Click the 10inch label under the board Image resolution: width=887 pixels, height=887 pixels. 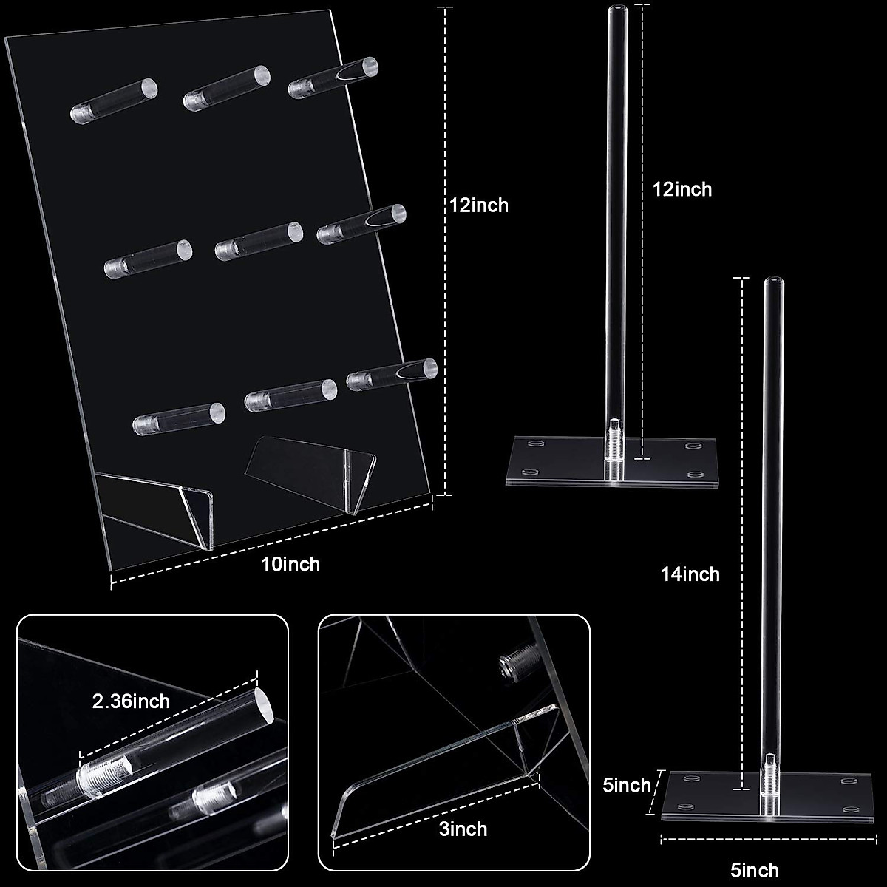tap(290, 564)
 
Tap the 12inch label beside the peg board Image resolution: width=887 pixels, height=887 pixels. tap(480, 205)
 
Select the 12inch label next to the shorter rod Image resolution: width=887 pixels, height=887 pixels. tap(682, 189)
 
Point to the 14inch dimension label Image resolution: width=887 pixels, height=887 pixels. tap(690, 574)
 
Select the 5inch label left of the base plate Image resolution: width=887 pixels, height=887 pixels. tap(627, 785)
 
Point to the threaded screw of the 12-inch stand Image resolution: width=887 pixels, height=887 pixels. tap(614, 448)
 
